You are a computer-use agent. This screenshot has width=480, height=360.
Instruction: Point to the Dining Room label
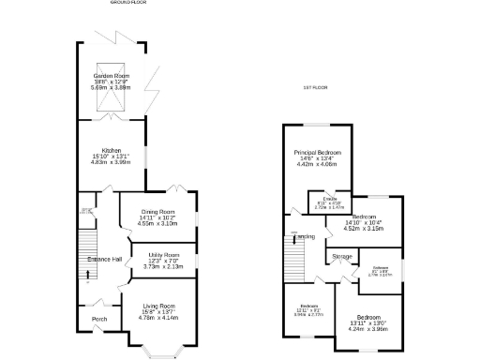[x=157, y=212]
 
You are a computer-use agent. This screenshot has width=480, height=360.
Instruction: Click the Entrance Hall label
[x=104, y=259]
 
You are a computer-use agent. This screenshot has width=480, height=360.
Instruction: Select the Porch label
[x=98, y=319]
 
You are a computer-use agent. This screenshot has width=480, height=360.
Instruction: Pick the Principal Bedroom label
[x=318, y=152]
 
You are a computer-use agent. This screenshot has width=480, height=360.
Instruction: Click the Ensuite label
[x=330, y=199]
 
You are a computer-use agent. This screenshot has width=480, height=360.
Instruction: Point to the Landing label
[x=306, y=236]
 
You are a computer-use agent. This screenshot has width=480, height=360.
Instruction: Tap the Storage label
[x=342, y=255]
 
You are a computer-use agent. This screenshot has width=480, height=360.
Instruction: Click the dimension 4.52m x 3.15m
[x=365, y=227]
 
